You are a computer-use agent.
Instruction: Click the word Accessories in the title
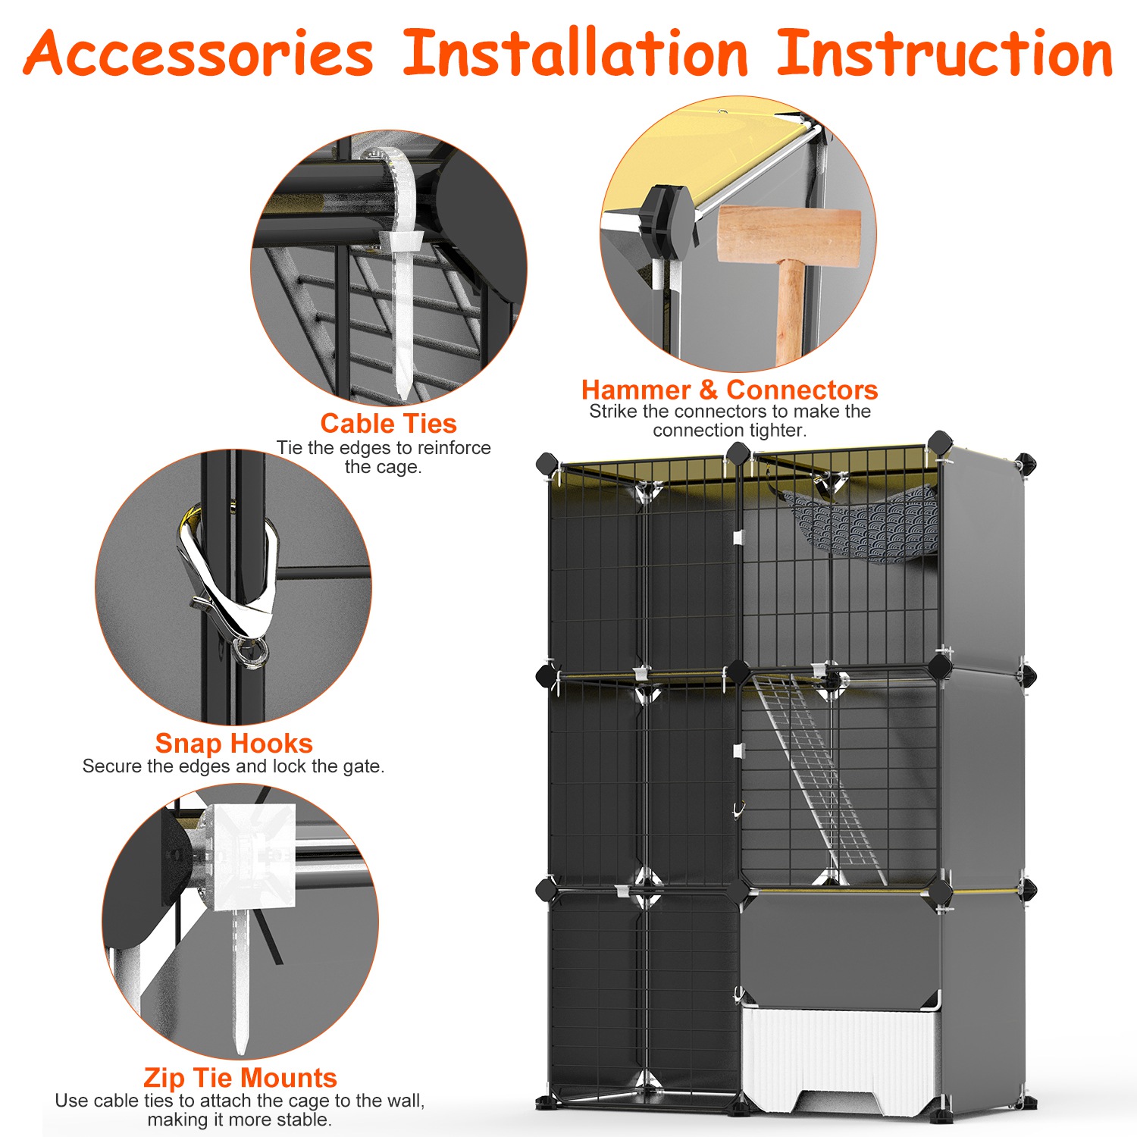199,55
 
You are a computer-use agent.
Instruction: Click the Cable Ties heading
388,423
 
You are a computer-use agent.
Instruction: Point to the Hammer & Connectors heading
729,390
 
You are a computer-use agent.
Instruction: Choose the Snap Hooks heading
233,743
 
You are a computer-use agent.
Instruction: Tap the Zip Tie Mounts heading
240,1077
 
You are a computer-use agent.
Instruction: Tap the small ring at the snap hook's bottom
251,652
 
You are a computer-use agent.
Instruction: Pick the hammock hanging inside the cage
860,523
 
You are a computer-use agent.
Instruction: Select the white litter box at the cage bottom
841,1054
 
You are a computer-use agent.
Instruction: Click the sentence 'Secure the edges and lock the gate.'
233,766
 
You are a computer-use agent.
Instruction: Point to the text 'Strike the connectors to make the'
729,412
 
